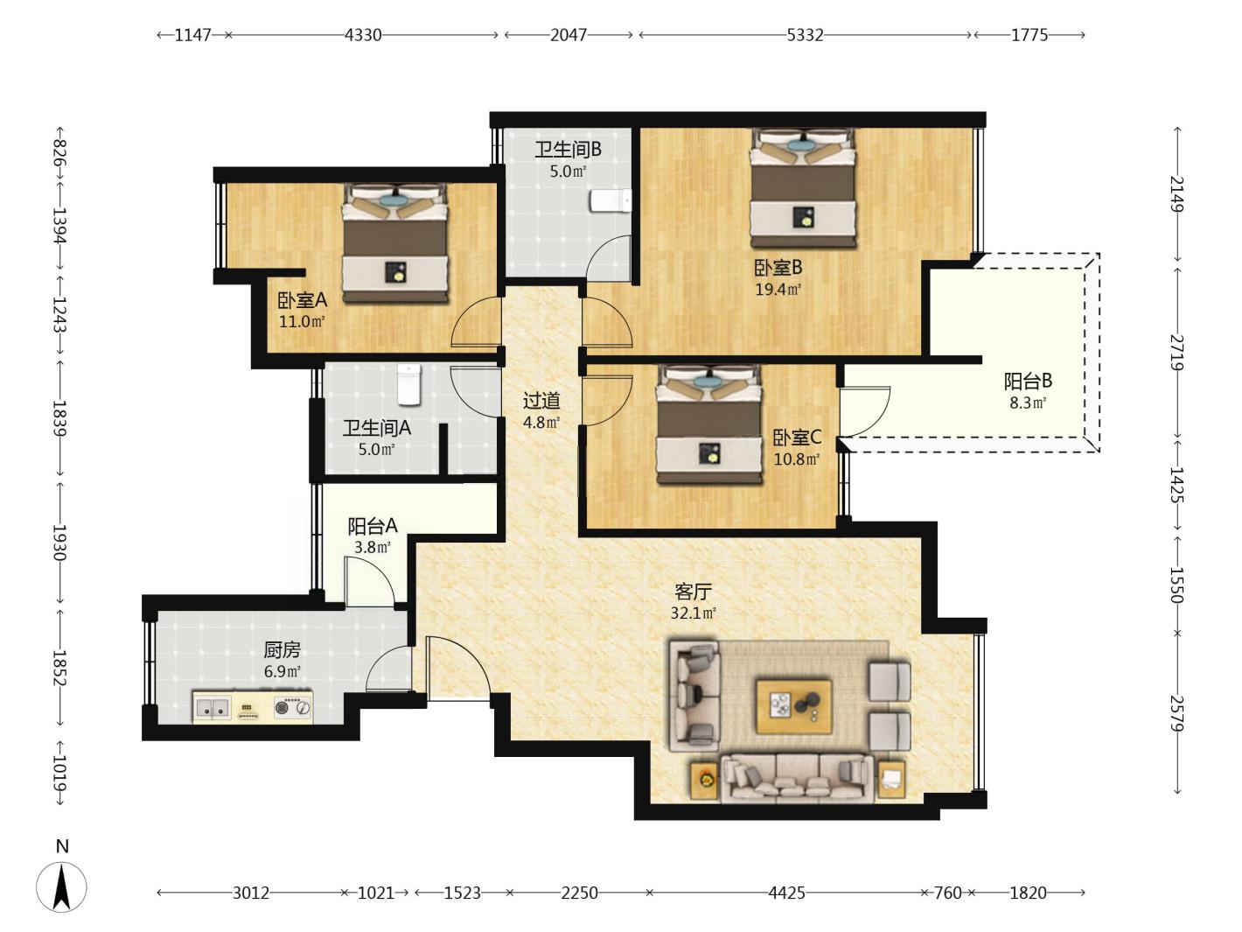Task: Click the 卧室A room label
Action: [302, 300]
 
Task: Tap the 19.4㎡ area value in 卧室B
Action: [778, 290]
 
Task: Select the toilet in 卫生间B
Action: [610, 201]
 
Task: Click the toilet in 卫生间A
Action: [409, 385]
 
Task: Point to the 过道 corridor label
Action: [541, 401]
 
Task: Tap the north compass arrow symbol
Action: [61, 886]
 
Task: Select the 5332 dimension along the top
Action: [805, 35]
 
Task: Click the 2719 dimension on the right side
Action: [1177, 353]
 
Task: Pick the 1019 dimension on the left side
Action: [59, 773]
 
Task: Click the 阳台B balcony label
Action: [1028, 381]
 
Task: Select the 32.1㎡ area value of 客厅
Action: [693, 613]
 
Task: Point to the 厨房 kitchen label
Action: [282, 649]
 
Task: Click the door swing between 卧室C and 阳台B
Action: [865, 411]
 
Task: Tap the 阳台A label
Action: [373, 526]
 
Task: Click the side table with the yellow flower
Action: [705, 781]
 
